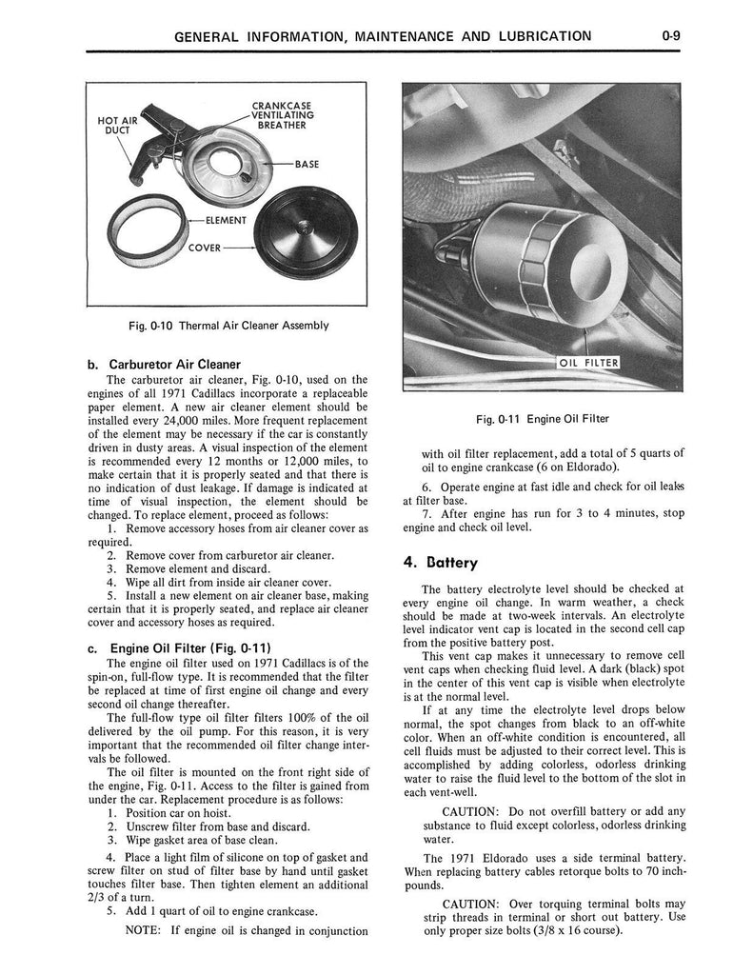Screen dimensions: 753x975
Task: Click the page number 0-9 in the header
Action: tap(671, 36)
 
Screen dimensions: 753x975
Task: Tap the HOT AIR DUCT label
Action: tap(117, 125)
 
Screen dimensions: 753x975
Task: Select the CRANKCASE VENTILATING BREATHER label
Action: tap(283, 115)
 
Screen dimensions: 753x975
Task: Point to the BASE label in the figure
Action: tap(307, 164)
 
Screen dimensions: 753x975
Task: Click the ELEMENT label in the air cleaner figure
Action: tap(226, 220)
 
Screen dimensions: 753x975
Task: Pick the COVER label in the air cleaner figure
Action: tap(204, 248)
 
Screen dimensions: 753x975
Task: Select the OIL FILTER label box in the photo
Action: tap(587, 363)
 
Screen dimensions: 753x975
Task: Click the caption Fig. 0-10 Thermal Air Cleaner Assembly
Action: tap(228, 326)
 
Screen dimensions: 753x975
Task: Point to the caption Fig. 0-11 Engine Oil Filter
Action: tap(543, 419)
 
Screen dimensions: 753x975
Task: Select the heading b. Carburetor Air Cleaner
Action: tap(164, 365)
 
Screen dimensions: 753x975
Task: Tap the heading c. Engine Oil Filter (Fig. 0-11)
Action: tap(180, 648)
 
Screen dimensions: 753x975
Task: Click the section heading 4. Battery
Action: tap(440, 563)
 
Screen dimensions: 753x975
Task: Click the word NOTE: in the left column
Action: tap(144, 930)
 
